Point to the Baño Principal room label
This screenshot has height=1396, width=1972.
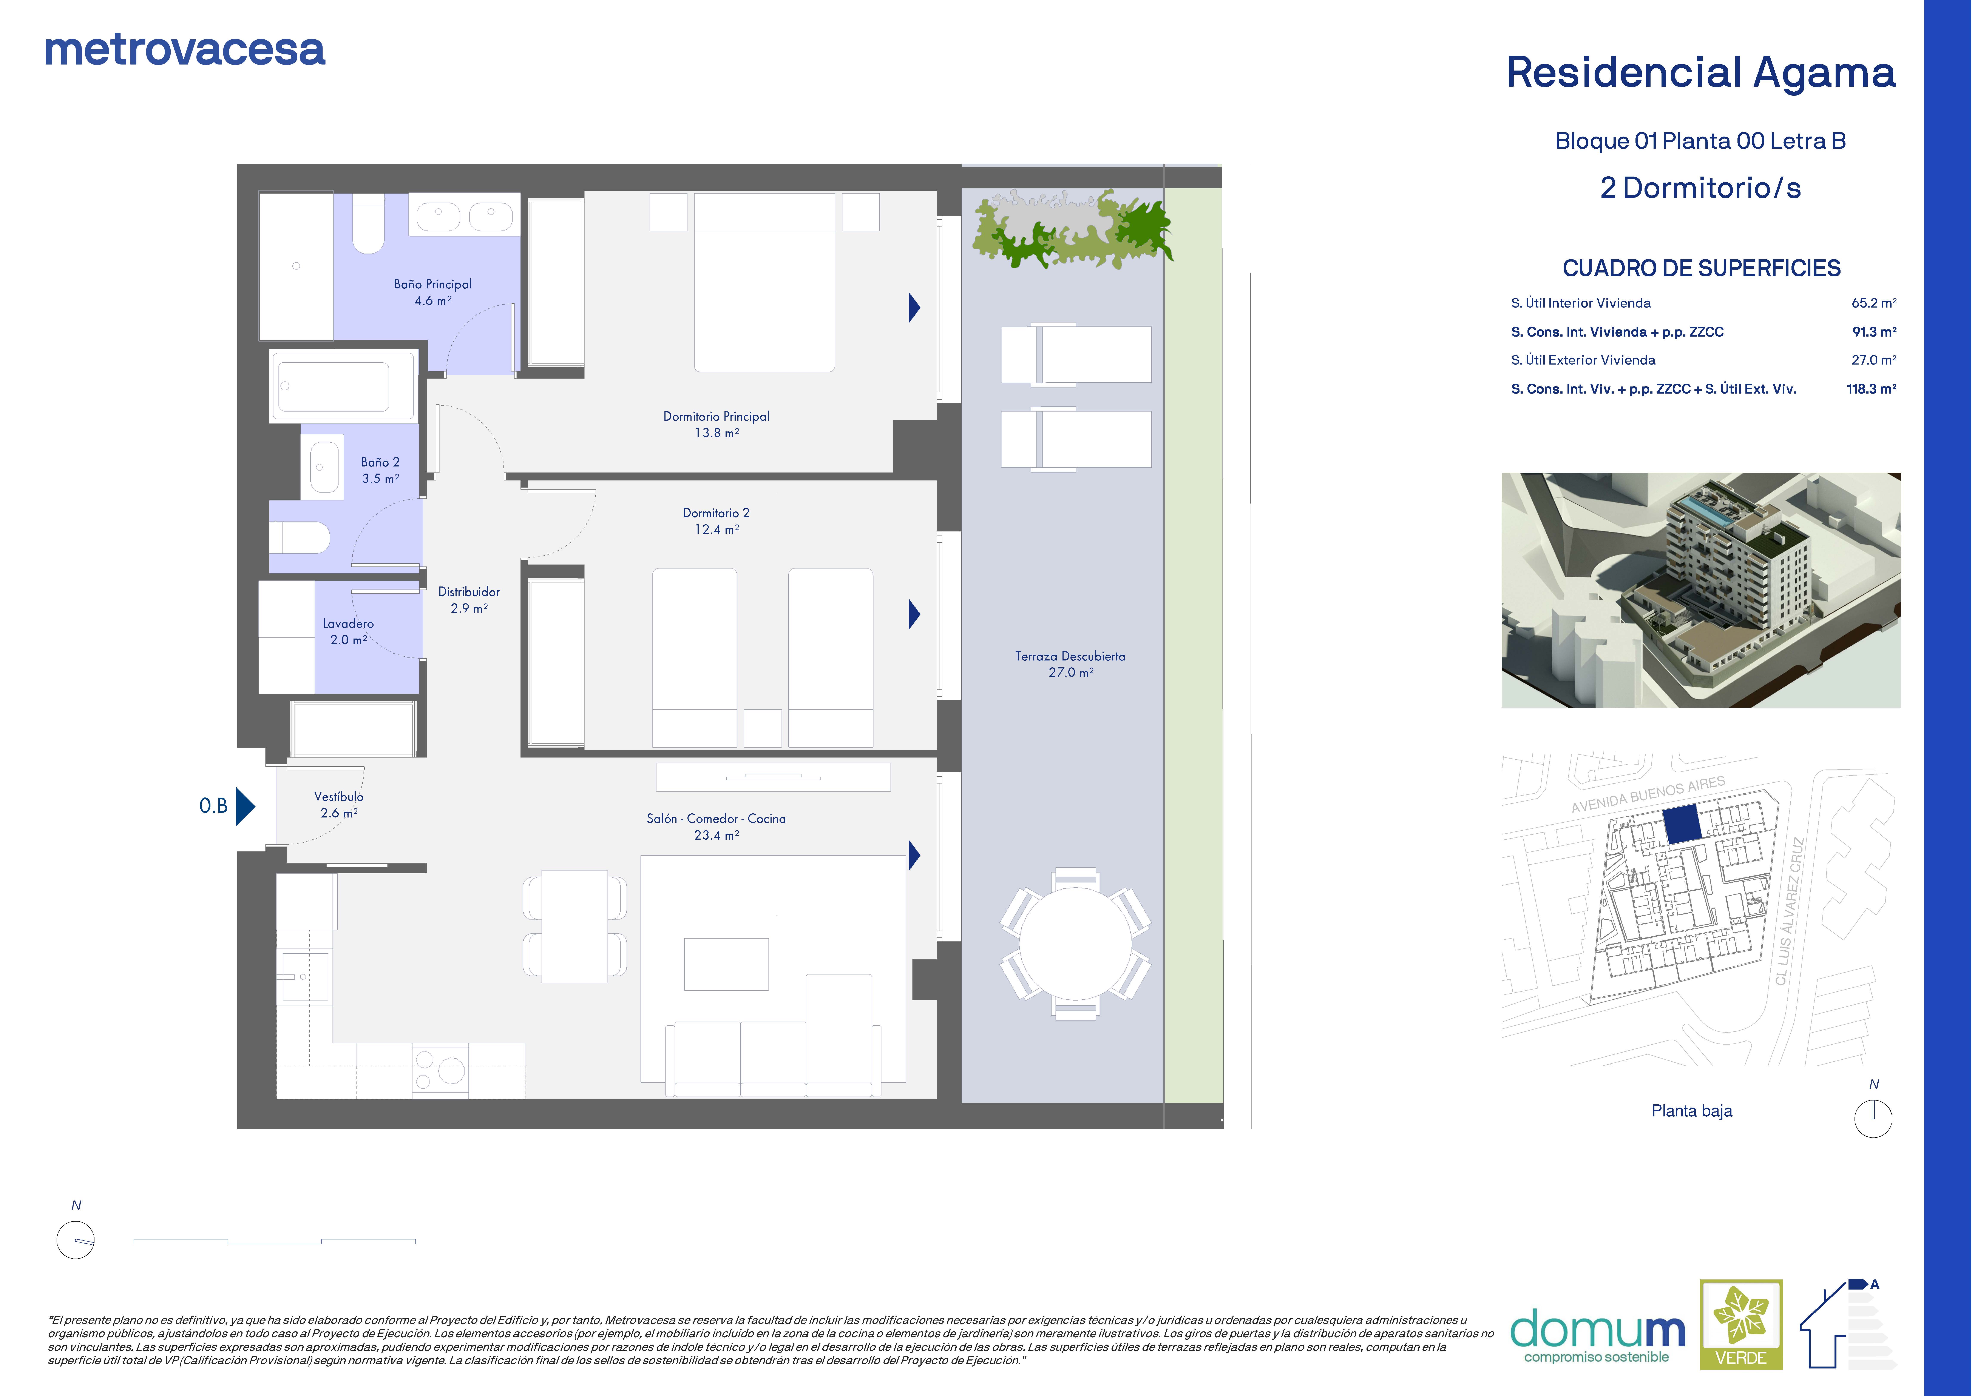pyautogui.click(x=432, y=284)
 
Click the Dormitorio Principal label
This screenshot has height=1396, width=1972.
pyautogui.click(x=716, y=416)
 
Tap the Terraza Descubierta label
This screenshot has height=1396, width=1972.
pyautogui.click(x=1070, y=656)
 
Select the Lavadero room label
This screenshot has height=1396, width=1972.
pyautogui.click(x=348, y=623)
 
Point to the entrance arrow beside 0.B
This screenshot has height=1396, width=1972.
pyautogui.click(x=245, y=806)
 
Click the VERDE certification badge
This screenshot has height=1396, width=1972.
pyautogui.click(x=1741, y=1325)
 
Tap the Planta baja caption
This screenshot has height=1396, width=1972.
pyautogui.click(x=1692, y=1111)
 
